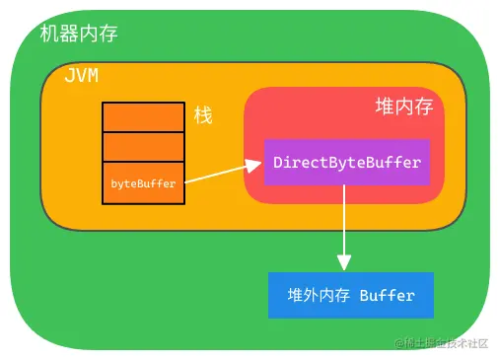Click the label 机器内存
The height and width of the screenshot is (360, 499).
(79, 35)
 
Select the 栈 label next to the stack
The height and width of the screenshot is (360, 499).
(203, 115)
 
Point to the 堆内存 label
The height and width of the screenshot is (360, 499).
(404, 107)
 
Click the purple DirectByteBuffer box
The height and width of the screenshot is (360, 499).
(346, 162)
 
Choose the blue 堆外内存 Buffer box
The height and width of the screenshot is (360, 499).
(350, 295)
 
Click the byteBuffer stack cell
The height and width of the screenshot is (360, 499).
(143, 183)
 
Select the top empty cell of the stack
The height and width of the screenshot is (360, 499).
(143, 116)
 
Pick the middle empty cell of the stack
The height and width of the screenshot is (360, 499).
(143, 147)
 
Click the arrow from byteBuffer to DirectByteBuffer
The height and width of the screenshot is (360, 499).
(222, 174)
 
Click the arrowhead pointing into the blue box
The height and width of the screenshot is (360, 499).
(344, 263)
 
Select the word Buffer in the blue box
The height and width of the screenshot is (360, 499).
(388, 295)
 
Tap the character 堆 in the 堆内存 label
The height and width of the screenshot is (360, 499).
(385, 107)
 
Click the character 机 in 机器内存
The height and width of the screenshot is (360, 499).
(49, 35)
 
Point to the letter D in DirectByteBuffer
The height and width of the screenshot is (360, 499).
(278, 162)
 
